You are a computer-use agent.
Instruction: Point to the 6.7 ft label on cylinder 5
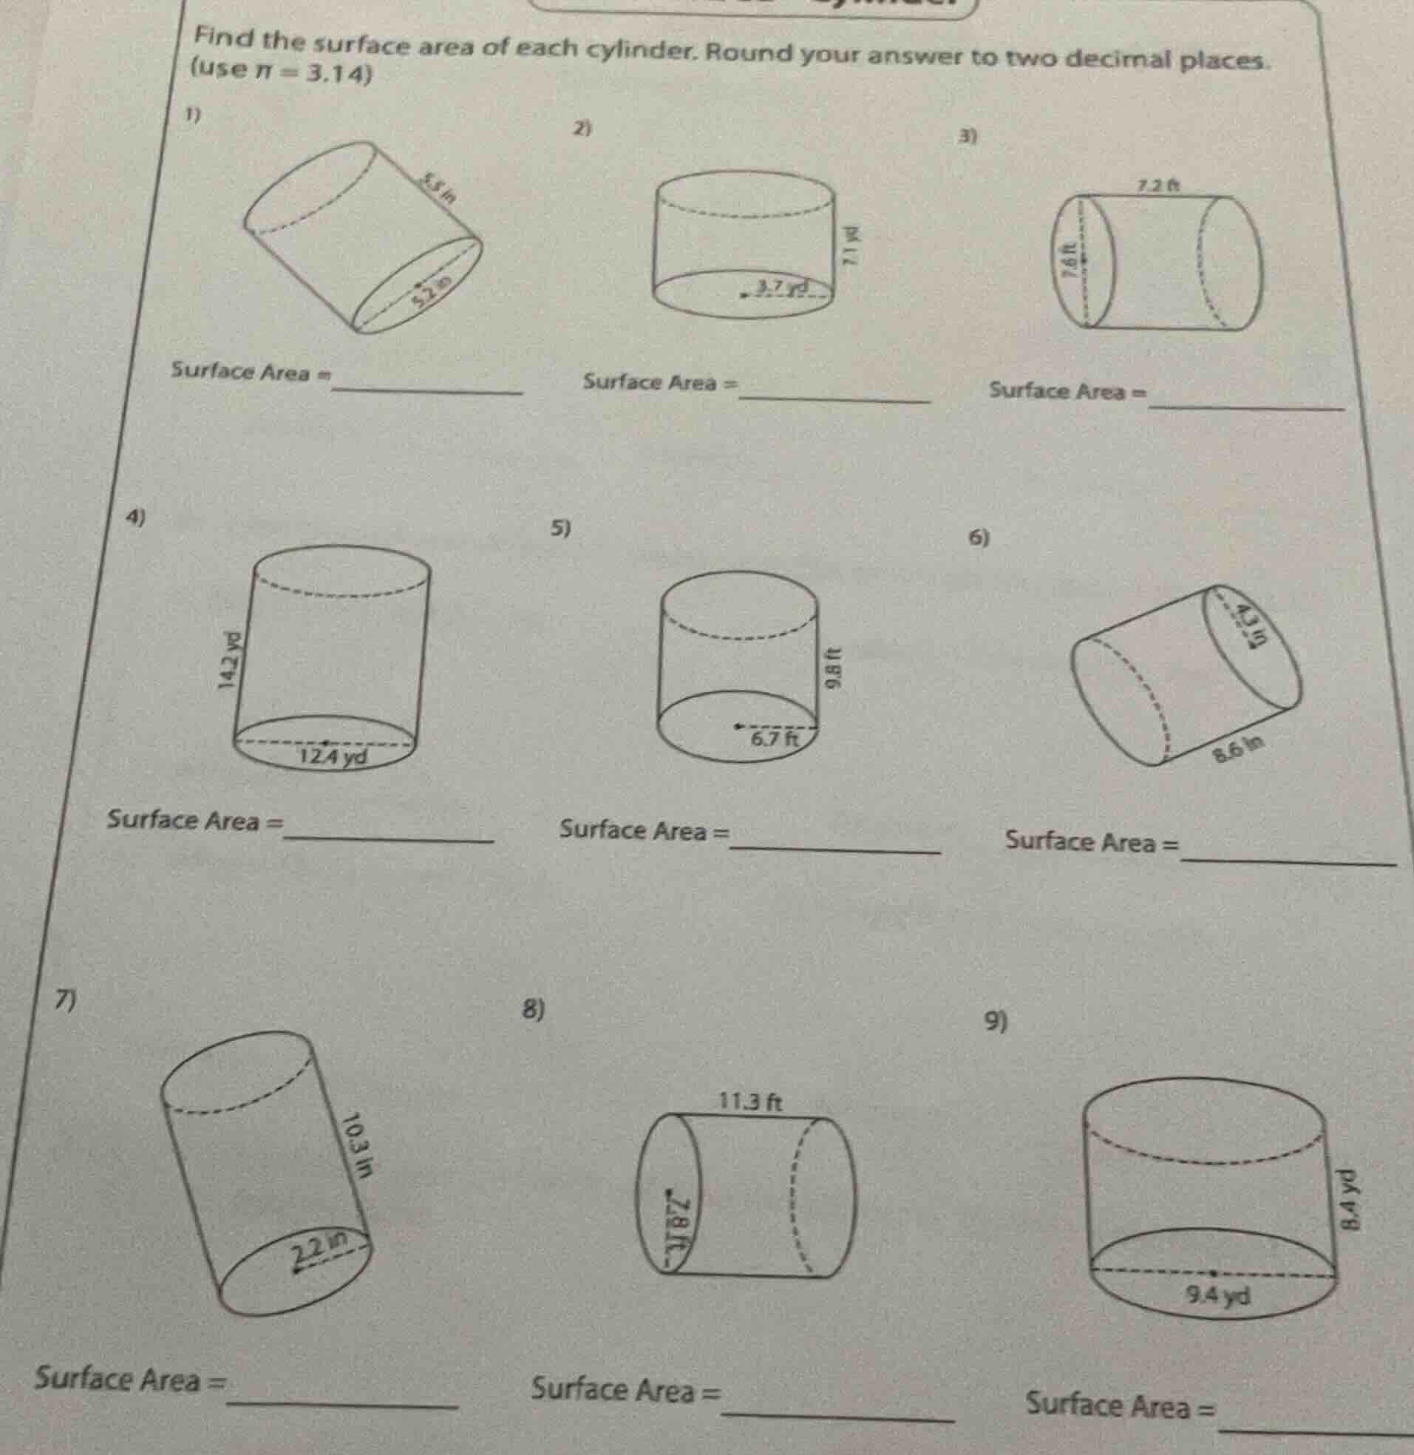click(774, 739)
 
